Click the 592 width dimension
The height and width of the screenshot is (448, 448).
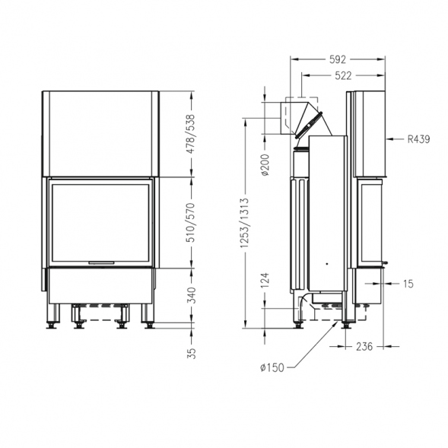[x=338, y=59]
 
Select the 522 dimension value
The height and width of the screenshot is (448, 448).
[x=343, y=76]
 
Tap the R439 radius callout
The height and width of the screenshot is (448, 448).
[x=418, y=139]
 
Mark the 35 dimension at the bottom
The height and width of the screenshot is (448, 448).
[x=192, y=354]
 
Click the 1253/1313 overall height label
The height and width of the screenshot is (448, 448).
[x=245, y=223]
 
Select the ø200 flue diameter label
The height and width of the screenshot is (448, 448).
[x=265, y=165]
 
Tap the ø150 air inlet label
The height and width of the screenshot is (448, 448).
[x=272, y=367]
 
